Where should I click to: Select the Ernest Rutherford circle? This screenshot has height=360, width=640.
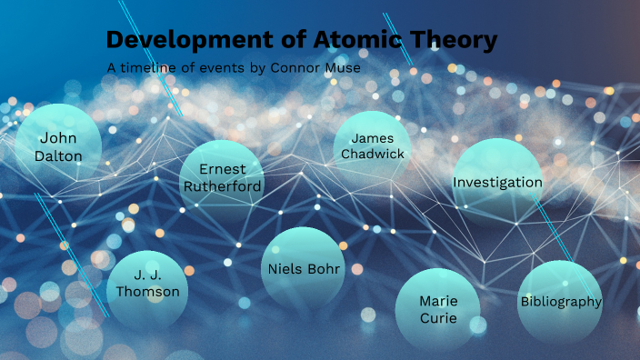tap(222, 179)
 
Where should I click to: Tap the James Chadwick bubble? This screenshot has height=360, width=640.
tap(373, 146)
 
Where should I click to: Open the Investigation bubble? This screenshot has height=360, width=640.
tap(497, 183)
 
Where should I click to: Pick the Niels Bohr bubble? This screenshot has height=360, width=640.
tap(304, 269)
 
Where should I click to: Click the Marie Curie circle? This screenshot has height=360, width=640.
tap(437, 310)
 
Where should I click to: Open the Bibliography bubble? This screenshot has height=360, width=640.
tap(560, 302)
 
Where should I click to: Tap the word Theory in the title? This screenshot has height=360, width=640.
tap(454, 40)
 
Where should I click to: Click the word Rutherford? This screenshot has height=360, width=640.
tap(223, 186)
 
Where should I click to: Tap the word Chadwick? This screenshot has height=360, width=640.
tap(373, 154)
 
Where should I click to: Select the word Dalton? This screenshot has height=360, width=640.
tap(58, 156)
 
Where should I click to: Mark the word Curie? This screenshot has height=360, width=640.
tap(437, 318)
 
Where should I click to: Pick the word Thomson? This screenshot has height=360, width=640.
tap(148, 292)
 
